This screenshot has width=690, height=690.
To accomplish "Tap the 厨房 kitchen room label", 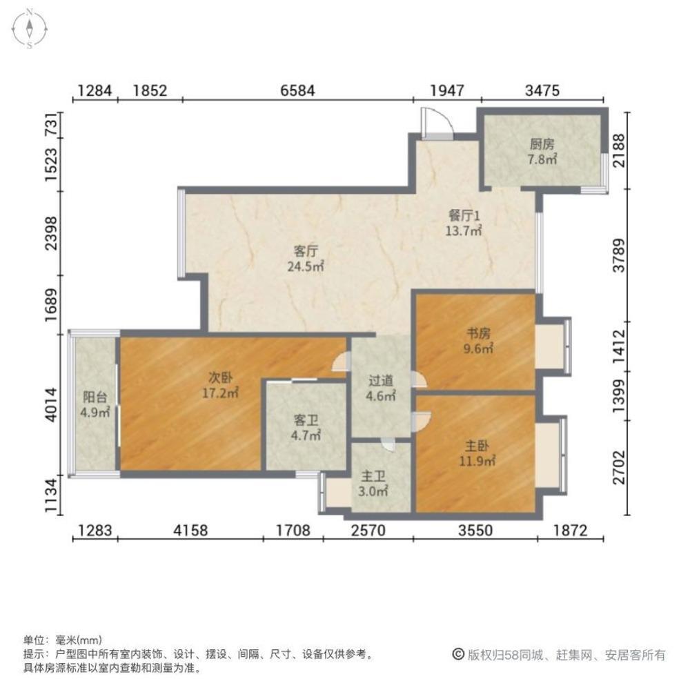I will tap(542, 145).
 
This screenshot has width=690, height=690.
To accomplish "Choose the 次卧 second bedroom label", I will tap(221, 378).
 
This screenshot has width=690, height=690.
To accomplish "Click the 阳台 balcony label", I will tap(95, 398).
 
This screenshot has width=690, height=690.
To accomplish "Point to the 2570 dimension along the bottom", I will tap(368, 531).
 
